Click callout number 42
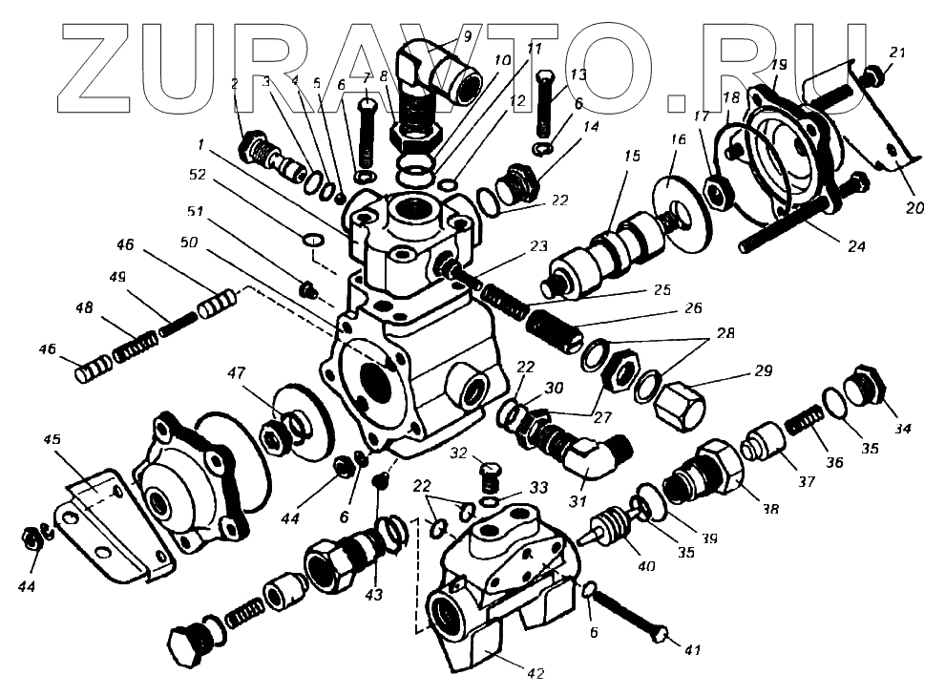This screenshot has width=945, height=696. click(535, 673)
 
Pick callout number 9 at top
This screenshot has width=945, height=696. click(468, 37)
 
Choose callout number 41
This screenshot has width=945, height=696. click(692, 651)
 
